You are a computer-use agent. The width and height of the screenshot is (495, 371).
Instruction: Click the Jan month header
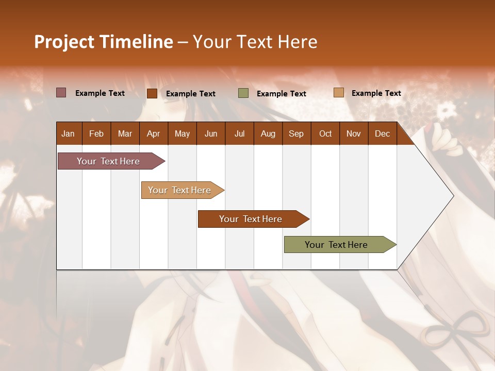(x=68, y=133)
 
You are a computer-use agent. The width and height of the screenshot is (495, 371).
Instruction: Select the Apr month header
(x=153, y=133)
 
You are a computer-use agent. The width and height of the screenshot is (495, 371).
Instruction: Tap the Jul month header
(x=239, y=133)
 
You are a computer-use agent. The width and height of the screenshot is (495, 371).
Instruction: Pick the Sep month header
(x=296, y=133)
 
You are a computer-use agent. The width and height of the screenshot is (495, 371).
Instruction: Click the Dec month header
(x=382, y=133)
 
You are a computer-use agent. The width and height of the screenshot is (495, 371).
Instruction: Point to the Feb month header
(x=96, y=133)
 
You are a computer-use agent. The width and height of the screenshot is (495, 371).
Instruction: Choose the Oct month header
(x=325, y=133)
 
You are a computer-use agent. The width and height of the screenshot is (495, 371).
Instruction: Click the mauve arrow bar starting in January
(x=108, y=161)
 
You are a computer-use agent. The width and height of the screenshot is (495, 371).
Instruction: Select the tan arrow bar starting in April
(x=179, y=190)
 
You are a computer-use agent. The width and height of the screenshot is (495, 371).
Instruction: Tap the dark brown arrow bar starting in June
(x=251, y=219)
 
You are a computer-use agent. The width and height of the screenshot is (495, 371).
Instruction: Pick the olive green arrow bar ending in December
(x=336, y=245)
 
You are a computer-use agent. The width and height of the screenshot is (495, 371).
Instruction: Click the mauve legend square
(x=61, y=93)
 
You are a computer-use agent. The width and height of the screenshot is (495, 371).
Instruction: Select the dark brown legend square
(x=152, y=93)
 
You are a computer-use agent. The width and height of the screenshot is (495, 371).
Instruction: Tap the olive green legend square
(x=243, y=93)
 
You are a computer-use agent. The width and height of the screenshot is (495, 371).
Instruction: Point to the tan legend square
(x=338, y=93)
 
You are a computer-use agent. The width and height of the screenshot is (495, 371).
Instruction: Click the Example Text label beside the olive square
(x=281, y=94)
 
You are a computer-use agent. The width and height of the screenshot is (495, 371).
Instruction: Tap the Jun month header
(x=211, y=133)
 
